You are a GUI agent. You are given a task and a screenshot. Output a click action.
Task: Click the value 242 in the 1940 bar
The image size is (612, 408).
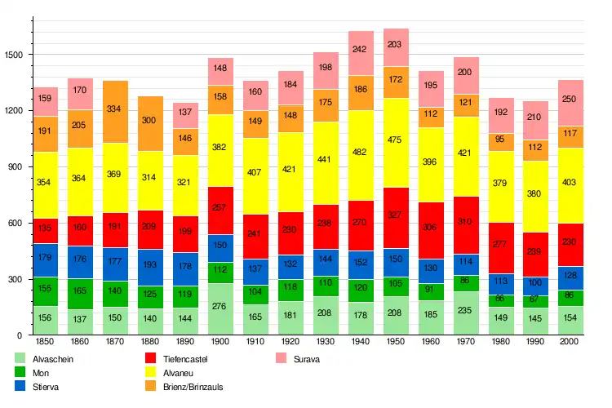pyautogui.click(x=361, y=49)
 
